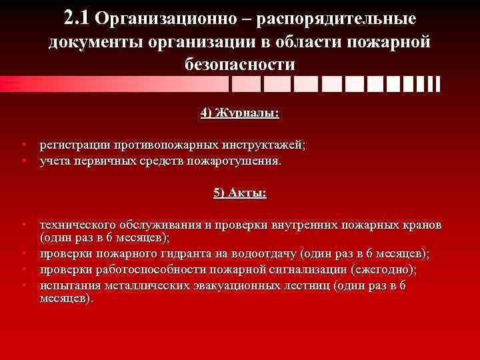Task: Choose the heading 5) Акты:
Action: tap(239, 193)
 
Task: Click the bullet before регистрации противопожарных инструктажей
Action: tap(23, 145)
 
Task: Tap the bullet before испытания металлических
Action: tap(23, 285)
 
